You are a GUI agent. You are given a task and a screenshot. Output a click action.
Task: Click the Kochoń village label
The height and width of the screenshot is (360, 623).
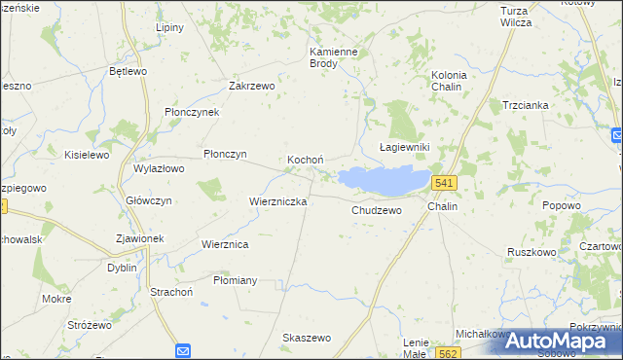point(305,160)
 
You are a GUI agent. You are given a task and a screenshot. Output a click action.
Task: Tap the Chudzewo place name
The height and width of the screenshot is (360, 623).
point(376,210)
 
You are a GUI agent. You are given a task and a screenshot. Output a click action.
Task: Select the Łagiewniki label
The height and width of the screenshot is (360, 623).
point(404,146)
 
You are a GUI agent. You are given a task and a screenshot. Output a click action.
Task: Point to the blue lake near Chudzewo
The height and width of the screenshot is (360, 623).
point(384,179)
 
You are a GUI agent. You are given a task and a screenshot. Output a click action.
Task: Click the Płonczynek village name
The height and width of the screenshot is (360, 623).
point(192,112)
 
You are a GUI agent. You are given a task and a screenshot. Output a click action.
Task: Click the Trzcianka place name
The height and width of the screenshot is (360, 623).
point(526,105)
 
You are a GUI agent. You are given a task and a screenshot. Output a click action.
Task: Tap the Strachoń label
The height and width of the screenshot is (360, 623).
point(172,291)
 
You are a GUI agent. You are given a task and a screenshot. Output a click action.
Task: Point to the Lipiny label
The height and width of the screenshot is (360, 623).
point(169,27)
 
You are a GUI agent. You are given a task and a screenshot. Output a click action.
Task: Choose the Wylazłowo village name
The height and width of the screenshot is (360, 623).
point(159,168)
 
